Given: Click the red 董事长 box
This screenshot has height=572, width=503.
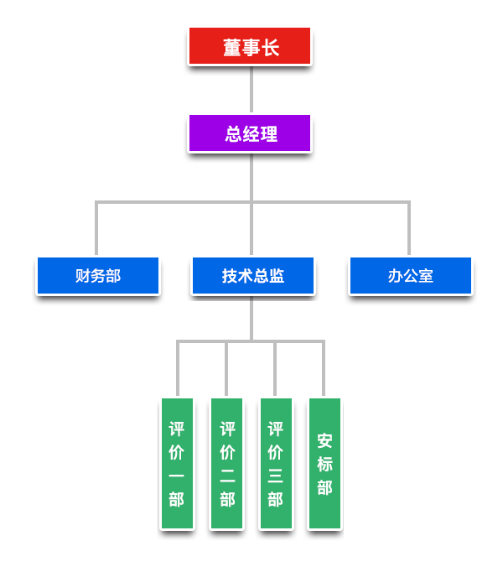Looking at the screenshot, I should [250, 47].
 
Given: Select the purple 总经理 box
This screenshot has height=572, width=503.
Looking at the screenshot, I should [250, 133].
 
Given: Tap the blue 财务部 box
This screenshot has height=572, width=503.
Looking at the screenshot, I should [97, 276].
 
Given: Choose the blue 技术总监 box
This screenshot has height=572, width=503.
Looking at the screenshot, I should [252, 276].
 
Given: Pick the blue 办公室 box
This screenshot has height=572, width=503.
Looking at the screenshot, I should [410, 276].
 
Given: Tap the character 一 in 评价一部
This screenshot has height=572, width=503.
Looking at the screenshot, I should [177, 476].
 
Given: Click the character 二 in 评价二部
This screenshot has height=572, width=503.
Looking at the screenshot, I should [227, 476].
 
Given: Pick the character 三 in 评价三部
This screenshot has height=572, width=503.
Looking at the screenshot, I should [276, 476].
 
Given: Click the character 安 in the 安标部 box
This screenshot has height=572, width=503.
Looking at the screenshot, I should [324, 440].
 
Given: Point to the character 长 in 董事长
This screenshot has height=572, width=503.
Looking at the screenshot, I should [270, 48].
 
